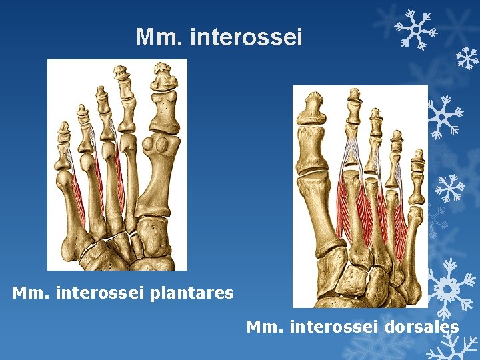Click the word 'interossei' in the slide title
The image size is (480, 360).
(246, 38)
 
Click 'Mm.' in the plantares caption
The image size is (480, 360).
(28, 293)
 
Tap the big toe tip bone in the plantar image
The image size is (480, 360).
(162, 76)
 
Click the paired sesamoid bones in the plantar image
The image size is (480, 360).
(162, 145)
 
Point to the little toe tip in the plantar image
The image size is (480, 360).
(64, 129)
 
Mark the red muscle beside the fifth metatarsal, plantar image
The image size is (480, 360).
(79, 200)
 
